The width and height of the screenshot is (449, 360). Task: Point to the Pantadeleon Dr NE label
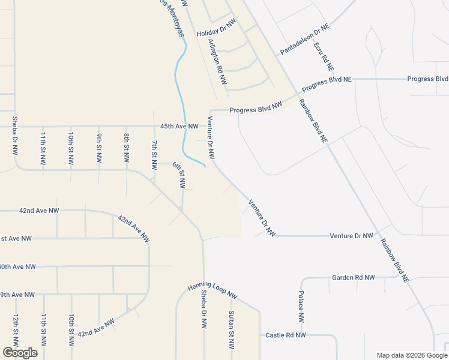(x=305, y=40)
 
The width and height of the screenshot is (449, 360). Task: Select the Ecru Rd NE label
(x=320, y=55)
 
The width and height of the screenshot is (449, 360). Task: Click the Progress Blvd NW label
(x=256, y=109)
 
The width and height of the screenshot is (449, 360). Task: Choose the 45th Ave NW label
(x=179, y=126)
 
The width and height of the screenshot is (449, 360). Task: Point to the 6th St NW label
(x=179, y=173)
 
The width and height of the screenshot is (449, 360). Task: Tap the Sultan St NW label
(x=231, y=330)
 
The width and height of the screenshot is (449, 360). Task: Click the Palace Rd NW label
(x=301, y=308)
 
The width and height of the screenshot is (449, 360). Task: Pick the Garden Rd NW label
(x=353, y=278)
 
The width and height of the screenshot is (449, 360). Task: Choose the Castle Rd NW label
(x=286, y=335)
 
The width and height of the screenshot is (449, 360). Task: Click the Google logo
(x=20, y=353)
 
